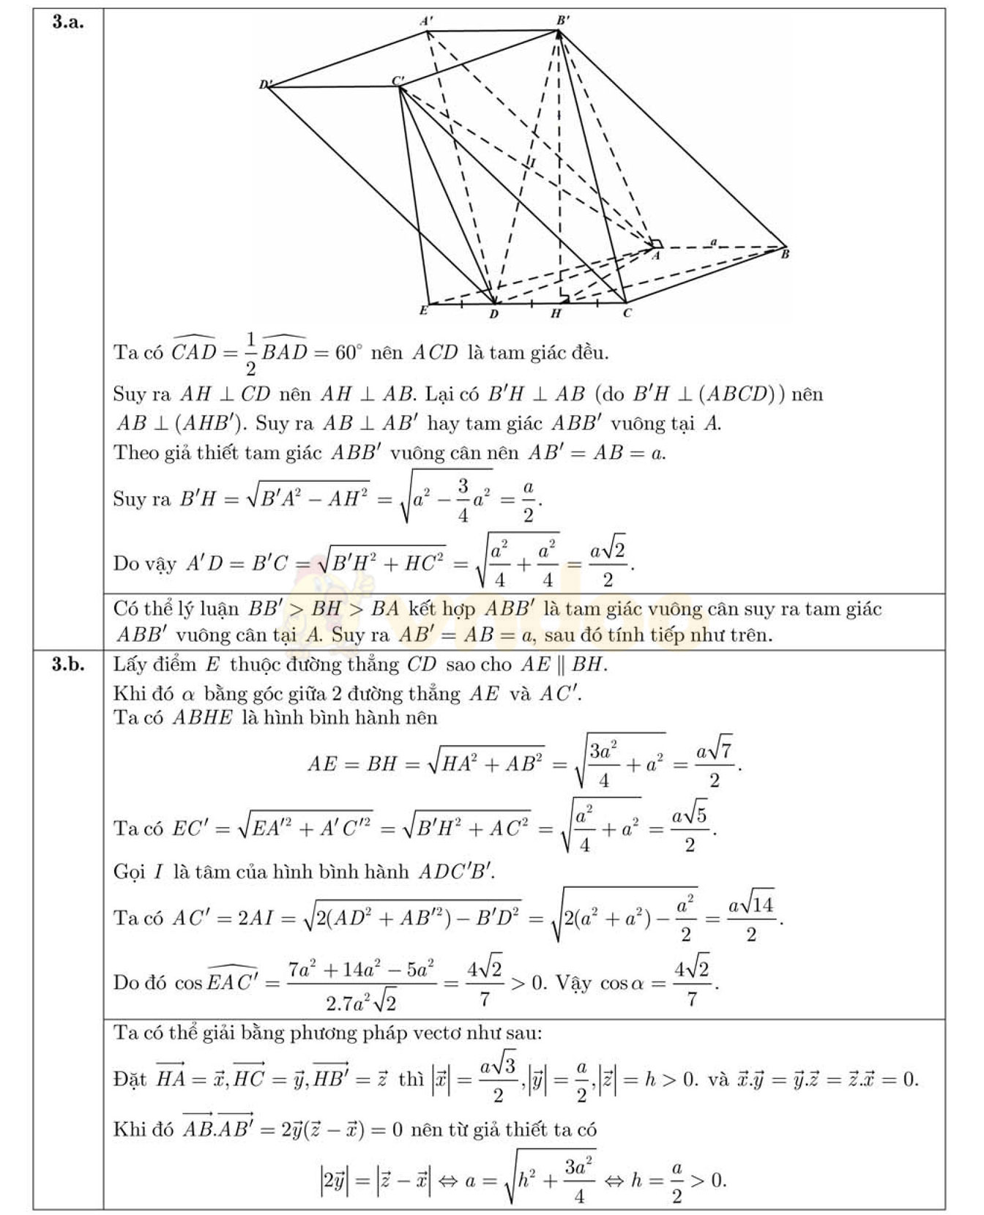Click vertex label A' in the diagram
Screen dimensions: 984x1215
[425, 21]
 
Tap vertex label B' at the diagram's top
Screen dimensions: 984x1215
[562, 20]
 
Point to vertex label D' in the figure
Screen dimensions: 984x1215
[264, 85]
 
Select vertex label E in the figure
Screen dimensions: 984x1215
[423, 310]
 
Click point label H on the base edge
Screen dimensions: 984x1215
[556, 313]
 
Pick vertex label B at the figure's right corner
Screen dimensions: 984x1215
[785, 255]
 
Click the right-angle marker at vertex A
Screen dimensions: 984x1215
[657, 244]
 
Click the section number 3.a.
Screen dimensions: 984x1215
[67, 22]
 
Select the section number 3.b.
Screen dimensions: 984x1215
[67, 664]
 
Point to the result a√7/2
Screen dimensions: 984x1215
[714, 764]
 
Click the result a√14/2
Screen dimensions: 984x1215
[751, 918]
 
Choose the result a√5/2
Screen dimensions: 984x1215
[690, 829]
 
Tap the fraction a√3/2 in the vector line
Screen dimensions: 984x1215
[498, 1079]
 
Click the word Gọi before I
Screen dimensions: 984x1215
[130, 872]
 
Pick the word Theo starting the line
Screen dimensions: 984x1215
[135, 452]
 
